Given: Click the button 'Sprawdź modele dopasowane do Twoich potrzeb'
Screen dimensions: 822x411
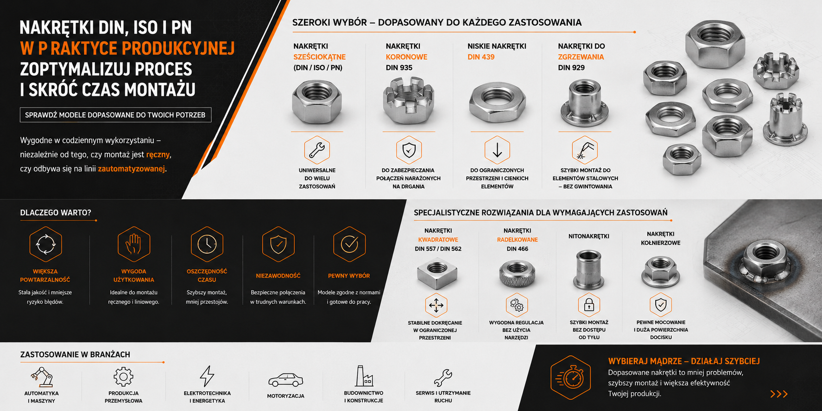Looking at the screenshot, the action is click(x=115, y=115).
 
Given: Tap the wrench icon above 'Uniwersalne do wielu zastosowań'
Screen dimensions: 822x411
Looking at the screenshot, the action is click(x=317, y=150).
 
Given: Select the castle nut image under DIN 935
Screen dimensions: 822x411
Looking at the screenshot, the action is click(x=408, y=101).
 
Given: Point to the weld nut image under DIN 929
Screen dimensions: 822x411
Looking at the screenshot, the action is click(x=585, y=103).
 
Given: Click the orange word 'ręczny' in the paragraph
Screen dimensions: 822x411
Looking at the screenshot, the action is click(x=158, y=154).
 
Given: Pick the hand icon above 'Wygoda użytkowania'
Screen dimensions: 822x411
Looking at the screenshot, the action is click(x=133, y=244).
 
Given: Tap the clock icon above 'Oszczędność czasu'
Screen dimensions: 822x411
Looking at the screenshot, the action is click(x=207, y=244).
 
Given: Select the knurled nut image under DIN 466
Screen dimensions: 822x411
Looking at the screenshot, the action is click(x=517, y=273).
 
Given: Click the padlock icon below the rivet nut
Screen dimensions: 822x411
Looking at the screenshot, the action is click(x=589, y=305).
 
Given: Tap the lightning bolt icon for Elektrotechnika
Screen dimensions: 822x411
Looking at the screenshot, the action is click(x=207, y=376).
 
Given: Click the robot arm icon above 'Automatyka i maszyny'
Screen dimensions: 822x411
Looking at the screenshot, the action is click(x=42, y=377).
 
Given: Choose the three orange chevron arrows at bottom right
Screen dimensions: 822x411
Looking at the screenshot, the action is click(x=779, y=394).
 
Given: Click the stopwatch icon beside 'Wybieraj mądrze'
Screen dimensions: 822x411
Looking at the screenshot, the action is click(x=571, y=378).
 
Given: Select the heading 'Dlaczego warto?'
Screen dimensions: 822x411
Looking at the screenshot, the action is click(x=56, y=213).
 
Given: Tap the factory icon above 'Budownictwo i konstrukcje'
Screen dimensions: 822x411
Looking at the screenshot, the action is click(x=364, y=376).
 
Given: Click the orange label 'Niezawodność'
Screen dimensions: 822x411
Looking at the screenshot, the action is click(x=278, y=276).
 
